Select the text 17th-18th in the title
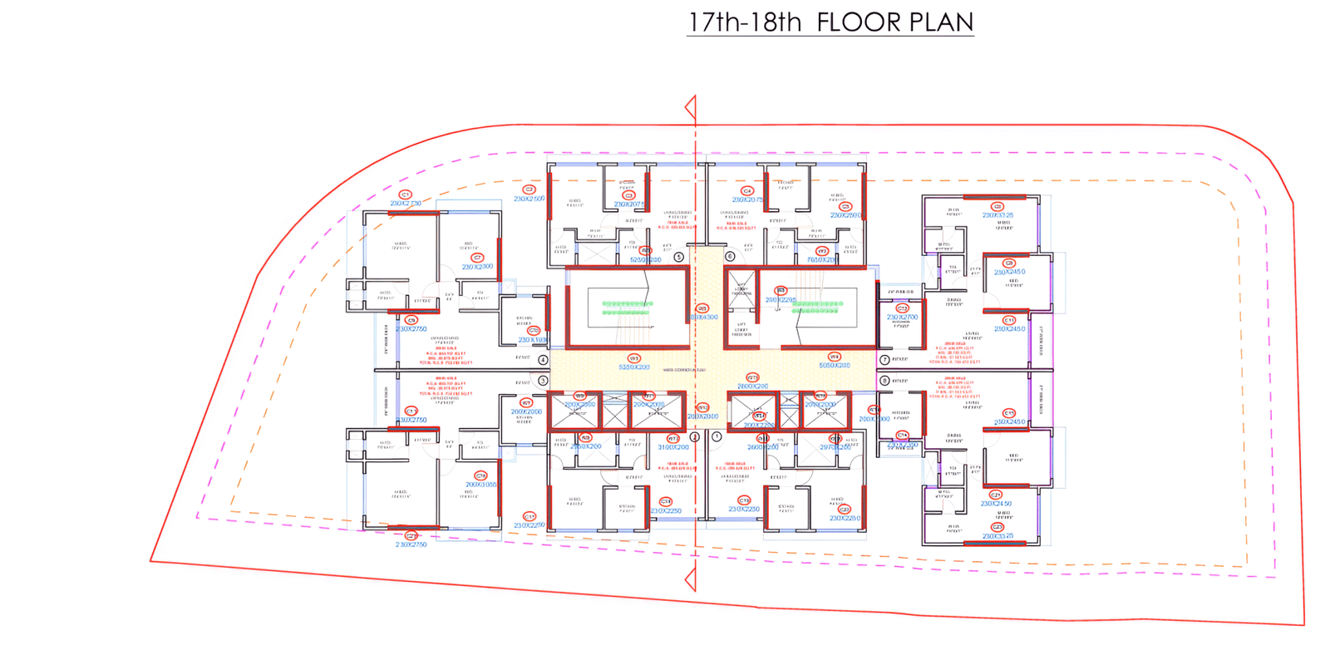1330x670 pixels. (x=745, y=22)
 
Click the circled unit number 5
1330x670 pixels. (x=679, y=257)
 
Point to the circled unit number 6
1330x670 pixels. (x=730, y=257)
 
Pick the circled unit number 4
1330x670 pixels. (x=543, y=360)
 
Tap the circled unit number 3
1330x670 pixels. (x=543, y=381)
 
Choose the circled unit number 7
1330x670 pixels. (x=884, y=360)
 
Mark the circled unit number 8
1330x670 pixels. (x=884, y=381)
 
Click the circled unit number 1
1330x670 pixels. (x=717, y=436)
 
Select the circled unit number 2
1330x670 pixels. (x=694, y=436)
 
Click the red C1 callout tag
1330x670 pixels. (x=406, y=195)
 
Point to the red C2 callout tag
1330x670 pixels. (x=529, y=190)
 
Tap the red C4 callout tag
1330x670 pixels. (x=746, y=191)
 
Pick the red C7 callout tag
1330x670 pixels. (x=477, y=258)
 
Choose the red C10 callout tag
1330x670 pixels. (x=534, y=331)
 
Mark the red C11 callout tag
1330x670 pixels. (x=1009, y=320)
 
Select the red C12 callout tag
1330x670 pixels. (x=902, y=308)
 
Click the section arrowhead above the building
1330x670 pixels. (x=690, y=107)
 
